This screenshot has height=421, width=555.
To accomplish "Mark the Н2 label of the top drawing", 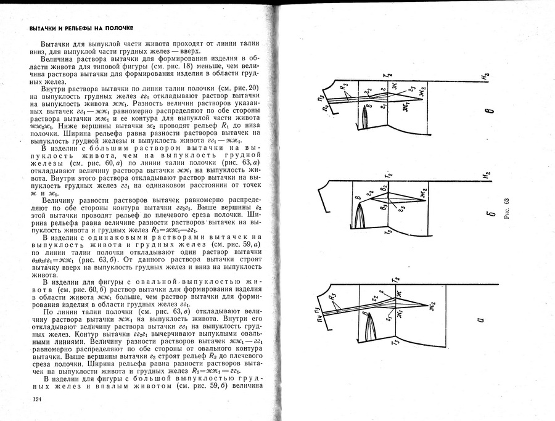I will [487, 76].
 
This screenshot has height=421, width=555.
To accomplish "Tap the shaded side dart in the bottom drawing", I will [366, 324].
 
